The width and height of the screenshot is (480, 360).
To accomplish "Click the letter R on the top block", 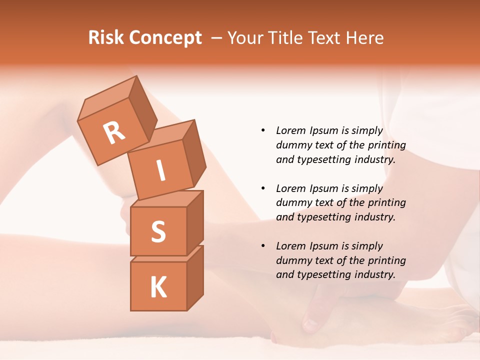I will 114,133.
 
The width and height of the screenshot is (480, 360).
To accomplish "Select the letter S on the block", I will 158,231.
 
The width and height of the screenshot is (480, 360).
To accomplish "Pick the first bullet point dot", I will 263,130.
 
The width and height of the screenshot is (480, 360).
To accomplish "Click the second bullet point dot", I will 263,188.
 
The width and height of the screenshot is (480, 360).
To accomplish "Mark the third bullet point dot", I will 263,246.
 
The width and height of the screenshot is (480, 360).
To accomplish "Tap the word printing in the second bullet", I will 387,202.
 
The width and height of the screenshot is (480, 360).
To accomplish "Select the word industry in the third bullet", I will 373,274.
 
